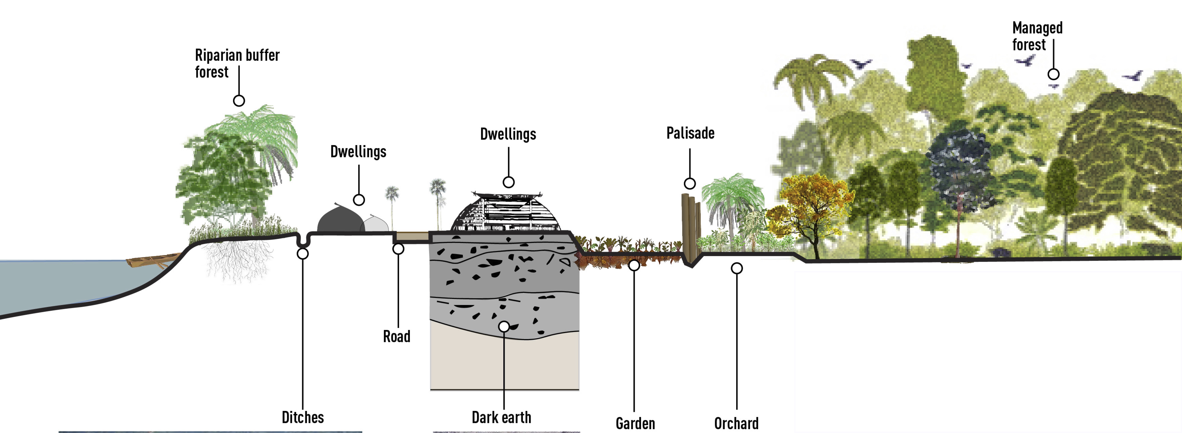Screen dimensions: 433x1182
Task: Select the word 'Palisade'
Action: (690, 133)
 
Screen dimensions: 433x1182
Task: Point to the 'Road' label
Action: (397, 336)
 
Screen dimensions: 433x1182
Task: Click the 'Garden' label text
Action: (635, 423)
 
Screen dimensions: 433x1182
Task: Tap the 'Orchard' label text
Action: (736, 423)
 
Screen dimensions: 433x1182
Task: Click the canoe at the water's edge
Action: (151, 261)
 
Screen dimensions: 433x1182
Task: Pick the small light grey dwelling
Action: (376, 224)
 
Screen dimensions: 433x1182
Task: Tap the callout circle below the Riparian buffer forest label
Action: (239, 101)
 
